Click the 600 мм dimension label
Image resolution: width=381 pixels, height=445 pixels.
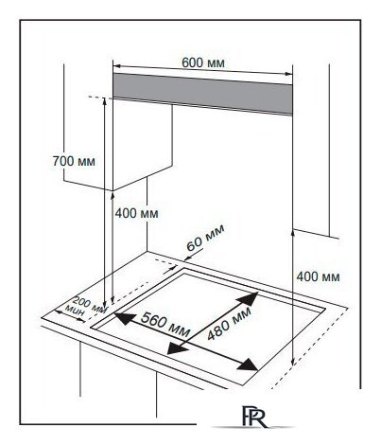tap(203, 62)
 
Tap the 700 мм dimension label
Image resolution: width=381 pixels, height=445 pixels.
tap(74, 161)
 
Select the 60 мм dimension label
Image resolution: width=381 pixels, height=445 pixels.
tap(205, 237)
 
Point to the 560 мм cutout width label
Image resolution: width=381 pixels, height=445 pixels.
tap(165, 324)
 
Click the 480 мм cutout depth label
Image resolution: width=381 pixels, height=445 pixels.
tap(230, 323)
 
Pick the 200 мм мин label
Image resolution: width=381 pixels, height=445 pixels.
tap(85, 306)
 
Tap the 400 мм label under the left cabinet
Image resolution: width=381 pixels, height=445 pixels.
tap(136, 213)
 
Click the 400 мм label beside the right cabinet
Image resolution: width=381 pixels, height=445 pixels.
tap(318, 276)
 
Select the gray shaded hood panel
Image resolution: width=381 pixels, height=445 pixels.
tap(202, 94)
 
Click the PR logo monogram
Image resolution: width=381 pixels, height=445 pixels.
tap(254, 416)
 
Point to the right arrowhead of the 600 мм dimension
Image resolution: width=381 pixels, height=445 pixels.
tap(288, 74)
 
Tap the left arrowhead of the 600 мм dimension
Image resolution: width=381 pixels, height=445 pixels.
tap(117, 66)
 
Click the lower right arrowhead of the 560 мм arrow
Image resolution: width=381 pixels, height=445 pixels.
tap(249, 365)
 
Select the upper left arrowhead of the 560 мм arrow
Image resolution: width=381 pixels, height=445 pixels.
tap(125, 318)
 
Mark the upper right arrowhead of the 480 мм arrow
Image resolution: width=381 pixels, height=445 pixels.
tap(249, 298)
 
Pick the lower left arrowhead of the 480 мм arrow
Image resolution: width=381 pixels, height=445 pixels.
tap(178, 347)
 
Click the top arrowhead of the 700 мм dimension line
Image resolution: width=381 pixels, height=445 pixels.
tap(104, 101)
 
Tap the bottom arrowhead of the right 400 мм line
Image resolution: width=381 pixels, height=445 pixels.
tap(293, 362)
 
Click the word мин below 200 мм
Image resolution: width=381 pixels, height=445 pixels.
tap(75, 311)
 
